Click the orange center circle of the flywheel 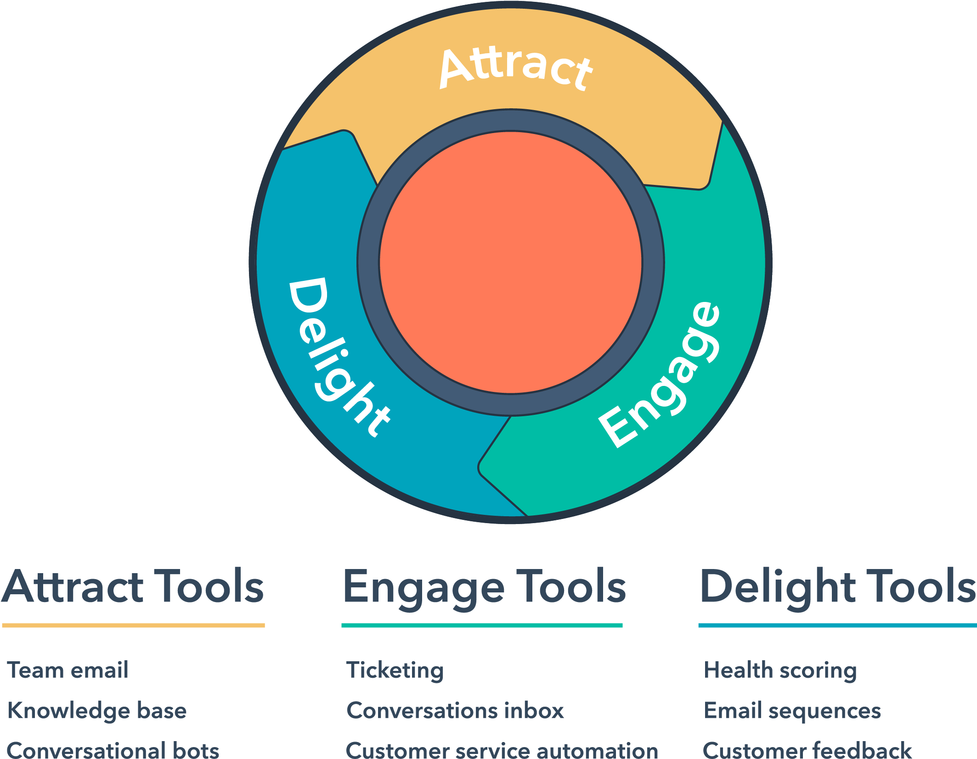511,262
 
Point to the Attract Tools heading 133,587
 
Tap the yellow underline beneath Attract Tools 133,625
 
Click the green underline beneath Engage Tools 482,625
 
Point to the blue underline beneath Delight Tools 837,625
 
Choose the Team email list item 68,670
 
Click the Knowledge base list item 97,711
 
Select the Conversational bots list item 113,750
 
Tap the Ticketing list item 395,670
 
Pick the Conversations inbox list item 455,711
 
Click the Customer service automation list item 502,750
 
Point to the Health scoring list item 780,670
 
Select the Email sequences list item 792,711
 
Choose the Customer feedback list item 807,750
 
